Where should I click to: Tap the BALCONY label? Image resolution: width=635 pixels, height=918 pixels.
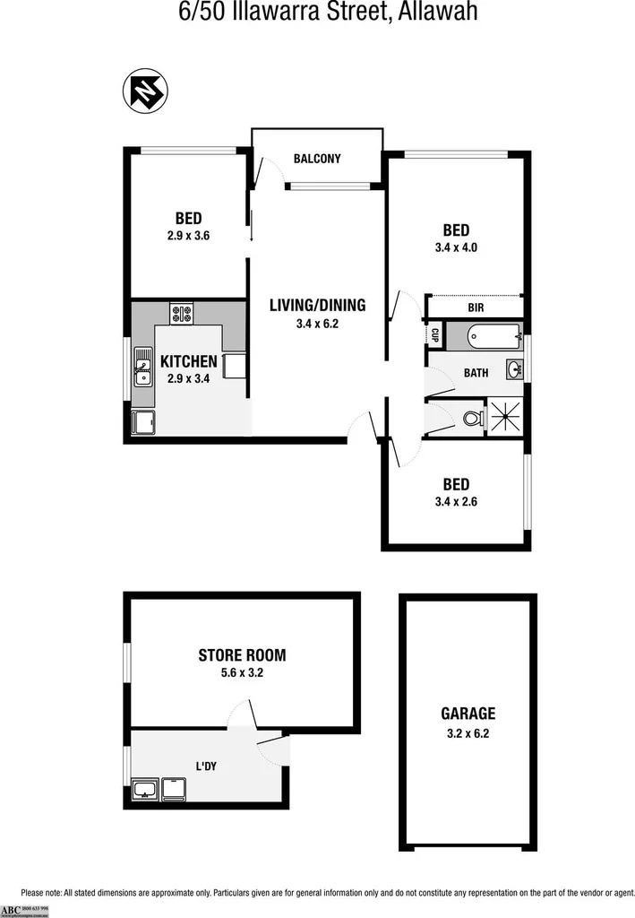point(317,160)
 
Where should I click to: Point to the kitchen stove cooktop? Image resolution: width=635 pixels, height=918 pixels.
point(183,314)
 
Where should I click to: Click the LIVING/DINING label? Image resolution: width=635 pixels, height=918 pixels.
point(318,305)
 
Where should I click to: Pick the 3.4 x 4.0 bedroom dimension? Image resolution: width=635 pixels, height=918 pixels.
point(450,247)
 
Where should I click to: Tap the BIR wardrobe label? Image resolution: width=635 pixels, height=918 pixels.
point(476,307)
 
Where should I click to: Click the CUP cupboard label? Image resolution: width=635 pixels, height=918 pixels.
point(433,335)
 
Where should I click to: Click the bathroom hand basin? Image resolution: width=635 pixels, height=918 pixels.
point(515,369)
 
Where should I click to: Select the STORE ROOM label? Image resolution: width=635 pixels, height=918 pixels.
point(242,655)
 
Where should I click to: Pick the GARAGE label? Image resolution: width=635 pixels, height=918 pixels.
point(468,714)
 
